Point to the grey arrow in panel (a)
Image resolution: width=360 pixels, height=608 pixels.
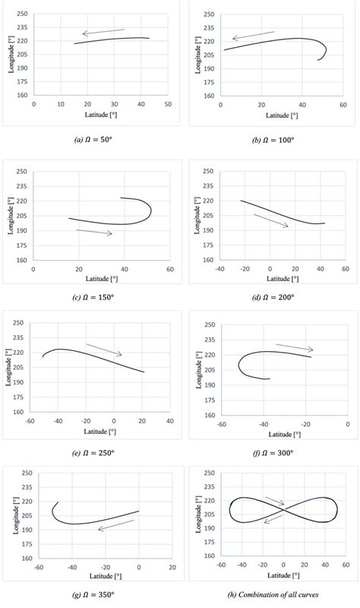(x=103, y=32)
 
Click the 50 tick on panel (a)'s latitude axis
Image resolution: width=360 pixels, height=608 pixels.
(x=168, y=103)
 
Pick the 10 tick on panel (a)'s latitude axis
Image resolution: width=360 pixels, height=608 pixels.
(x=61, y=103)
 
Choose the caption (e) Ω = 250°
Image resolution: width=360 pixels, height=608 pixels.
(x=91, y=451)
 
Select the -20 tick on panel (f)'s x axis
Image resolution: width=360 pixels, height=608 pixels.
(x=305, y=423)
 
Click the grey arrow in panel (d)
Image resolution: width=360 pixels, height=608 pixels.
(x=270, y=220)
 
